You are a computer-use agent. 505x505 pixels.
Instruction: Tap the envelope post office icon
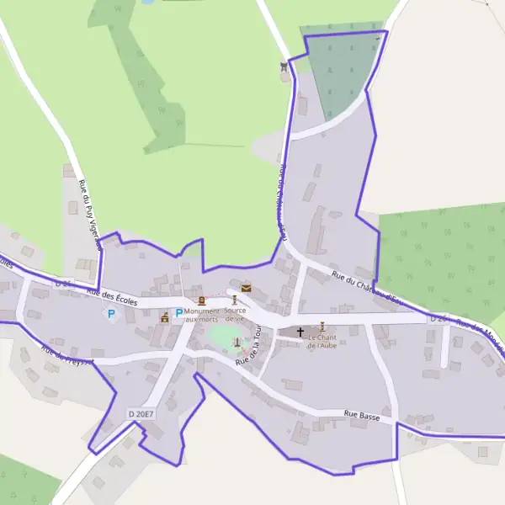246,288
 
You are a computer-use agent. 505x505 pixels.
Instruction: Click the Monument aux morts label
201,316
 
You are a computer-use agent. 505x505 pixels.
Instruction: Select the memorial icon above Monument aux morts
201,300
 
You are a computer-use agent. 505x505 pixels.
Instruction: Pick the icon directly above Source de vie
234,300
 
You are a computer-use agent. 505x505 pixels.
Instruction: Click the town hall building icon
165,317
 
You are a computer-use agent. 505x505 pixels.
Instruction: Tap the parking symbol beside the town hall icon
178,313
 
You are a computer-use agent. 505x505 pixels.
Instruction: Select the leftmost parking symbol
110,314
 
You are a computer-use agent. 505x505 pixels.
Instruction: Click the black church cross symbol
300,332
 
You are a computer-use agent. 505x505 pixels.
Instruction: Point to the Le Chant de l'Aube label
322,342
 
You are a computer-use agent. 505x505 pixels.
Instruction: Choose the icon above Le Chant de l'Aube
322,327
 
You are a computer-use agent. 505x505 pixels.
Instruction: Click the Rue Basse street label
362,416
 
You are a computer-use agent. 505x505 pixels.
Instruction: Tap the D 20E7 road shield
142,413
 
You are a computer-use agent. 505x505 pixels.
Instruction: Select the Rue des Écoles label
110,295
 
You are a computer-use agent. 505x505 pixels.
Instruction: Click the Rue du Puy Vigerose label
89,215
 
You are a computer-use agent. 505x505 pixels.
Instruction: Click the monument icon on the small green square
237,342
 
